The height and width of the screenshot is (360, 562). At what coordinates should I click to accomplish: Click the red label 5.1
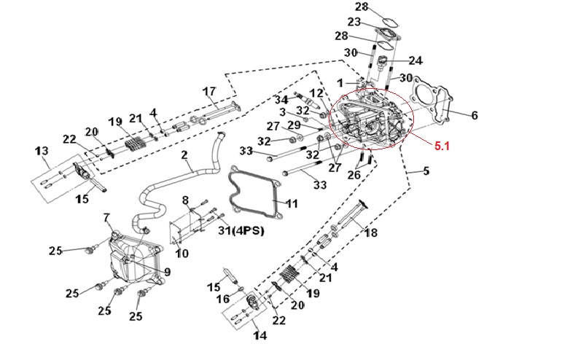click(x=442, y=146)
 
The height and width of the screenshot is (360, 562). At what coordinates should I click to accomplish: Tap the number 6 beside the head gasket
click(x=475, y=115)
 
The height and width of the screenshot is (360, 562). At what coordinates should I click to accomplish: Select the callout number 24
click(x=415, y=60)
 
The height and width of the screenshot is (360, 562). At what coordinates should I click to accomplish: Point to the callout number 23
click(x=355, y=22)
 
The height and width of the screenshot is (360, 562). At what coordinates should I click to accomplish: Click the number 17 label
click(x=209, y=91)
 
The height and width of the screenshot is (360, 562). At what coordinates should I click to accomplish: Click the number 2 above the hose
click(x=184, y=155)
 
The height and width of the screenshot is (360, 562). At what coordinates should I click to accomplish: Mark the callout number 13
click(x=42, y=151)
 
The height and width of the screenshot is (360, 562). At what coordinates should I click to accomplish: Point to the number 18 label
click(x=372, y=233)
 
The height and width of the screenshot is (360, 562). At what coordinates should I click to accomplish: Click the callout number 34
click(x=281, y=99)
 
